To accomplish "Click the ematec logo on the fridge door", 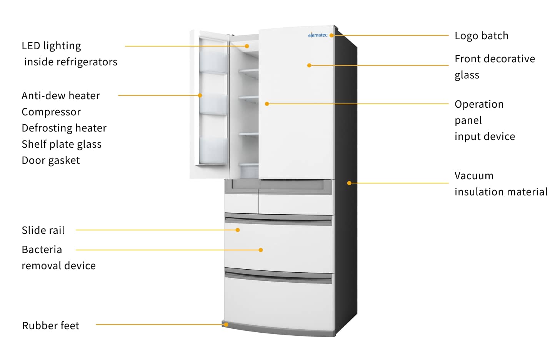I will click(x=318, y=35).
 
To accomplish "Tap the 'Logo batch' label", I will click(x=481, y=36).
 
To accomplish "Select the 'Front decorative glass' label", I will click(x=494, y=67).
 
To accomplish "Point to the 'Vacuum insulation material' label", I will click(x=500, y=183).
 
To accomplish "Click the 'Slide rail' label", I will click(x=43, y=230).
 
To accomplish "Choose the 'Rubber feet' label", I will click(x=50, y=325).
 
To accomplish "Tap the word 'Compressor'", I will click(x=51, y=112).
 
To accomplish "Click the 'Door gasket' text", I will click(x=51, y=160).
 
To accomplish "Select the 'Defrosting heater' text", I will click(x=64, y=128).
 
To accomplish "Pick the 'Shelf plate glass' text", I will click(x=62, y=144).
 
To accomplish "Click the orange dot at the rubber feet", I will click(x=226, y=325).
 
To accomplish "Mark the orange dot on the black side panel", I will click(x=349, y=183).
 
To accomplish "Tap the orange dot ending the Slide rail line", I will click(x=238, y=230).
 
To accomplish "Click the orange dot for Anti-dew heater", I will click(x=200, y=95).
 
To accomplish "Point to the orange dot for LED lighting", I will click(x=247, y=46).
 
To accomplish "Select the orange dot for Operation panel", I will click(x=267, y=104).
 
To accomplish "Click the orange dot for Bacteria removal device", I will click(x=261, y=250).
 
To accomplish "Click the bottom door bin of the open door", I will click(x=213, y=151).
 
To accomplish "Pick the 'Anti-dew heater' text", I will click(x=61, y=96).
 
